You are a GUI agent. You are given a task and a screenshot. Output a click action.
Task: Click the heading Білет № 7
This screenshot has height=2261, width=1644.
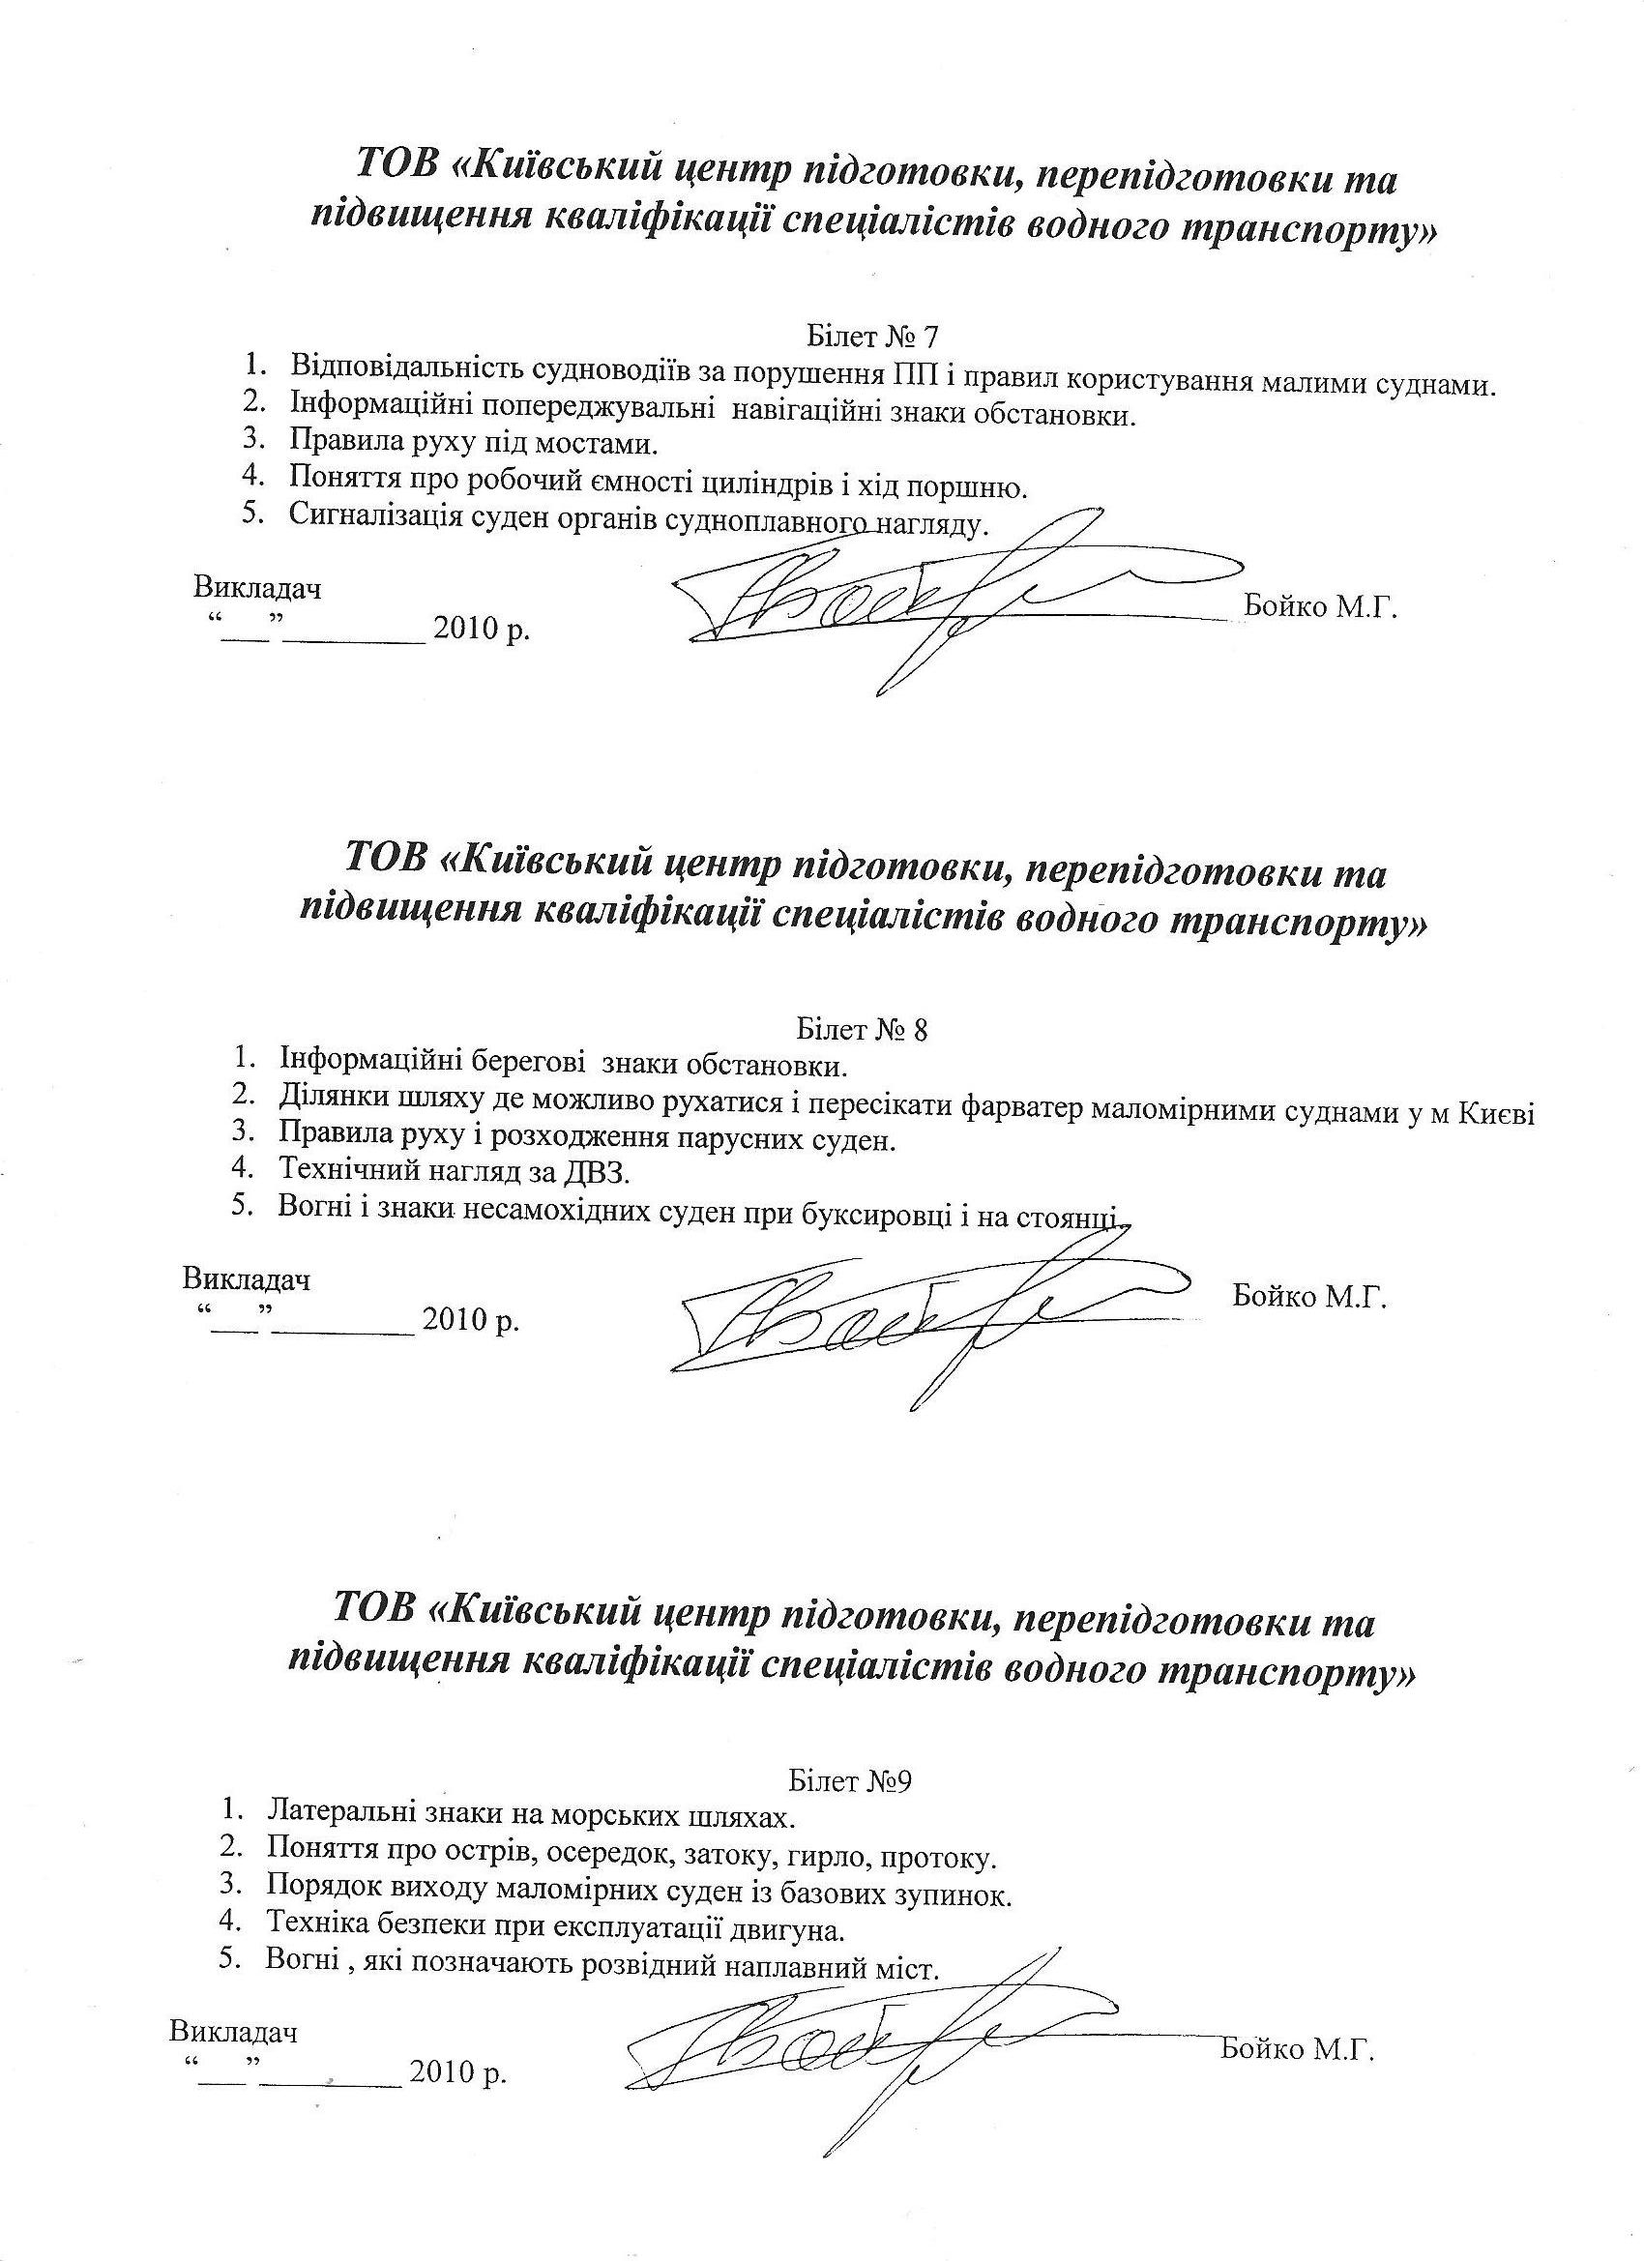pos(871,334)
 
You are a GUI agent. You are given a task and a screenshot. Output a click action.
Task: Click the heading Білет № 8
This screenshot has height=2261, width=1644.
pos(864,1029)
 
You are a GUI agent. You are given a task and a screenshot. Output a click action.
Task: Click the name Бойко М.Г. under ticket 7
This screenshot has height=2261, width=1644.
pos(1321,607)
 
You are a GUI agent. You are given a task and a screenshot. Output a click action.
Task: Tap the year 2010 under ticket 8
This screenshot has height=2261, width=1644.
pos(455,1321)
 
